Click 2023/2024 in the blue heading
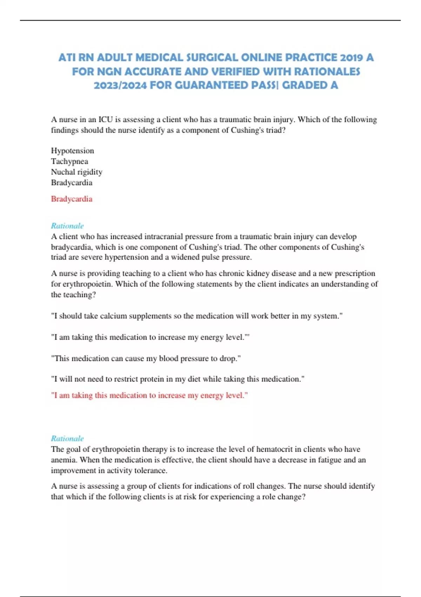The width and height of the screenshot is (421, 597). pos(120,85)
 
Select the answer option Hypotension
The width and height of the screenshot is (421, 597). pos(72,151)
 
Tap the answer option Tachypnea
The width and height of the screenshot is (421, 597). pos(69,161)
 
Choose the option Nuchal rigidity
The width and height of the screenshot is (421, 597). pos(76,172)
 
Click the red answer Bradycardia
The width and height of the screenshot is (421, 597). pos(72,199)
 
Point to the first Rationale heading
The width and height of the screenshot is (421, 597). pos(67,226)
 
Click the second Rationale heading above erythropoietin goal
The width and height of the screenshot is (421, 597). pos(67,438)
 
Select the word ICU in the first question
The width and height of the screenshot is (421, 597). pos(106,119)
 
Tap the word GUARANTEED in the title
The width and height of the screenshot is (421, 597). pos(212,85)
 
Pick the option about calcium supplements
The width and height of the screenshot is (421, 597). pos(196,316)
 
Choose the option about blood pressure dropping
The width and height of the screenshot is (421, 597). pos(146,358)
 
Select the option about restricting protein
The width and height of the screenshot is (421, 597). pos(178,379)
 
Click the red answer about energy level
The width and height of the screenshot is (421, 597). pos(149,395)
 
